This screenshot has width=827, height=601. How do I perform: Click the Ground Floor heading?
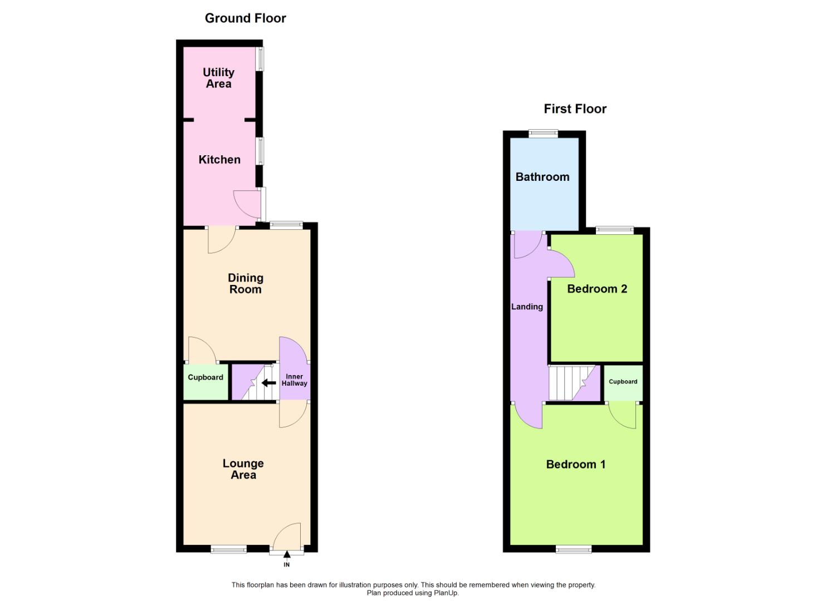pos(245,18)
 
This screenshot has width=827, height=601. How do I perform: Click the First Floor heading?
pos(575,109)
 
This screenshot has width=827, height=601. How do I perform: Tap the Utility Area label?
pos(218,78)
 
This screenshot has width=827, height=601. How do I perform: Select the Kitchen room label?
pos(219,160)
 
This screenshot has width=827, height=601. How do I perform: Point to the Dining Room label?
pos(246,283)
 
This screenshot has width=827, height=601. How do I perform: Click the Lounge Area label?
pos(243,469)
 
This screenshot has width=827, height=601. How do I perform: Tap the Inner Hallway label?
pos(294,380)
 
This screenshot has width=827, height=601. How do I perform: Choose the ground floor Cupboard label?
pos(205,377)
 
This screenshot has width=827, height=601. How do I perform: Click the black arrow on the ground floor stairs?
pos(268,383)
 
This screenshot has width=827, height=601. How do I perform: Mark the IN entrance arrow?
pos(287,554)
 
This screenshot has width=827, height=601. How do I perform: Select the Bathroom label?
pos(542,177)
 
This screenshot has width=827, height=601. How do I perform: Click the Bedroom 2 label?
pos(597,288)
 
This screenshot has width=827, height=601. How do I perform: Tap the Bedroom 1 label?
pos(576,464)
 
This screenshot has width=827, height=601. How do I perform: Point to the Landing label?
pos(527,307)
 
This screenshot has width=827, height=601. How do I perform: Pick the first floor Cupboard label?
pos(623,382)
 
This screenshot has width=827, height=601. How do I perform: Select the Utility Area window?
pos(260,58)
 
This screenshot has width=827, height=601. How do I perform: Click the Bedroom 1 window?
pos(574,549)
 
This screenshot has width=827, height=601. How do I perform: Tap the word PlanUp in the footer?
pos(447,593)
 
